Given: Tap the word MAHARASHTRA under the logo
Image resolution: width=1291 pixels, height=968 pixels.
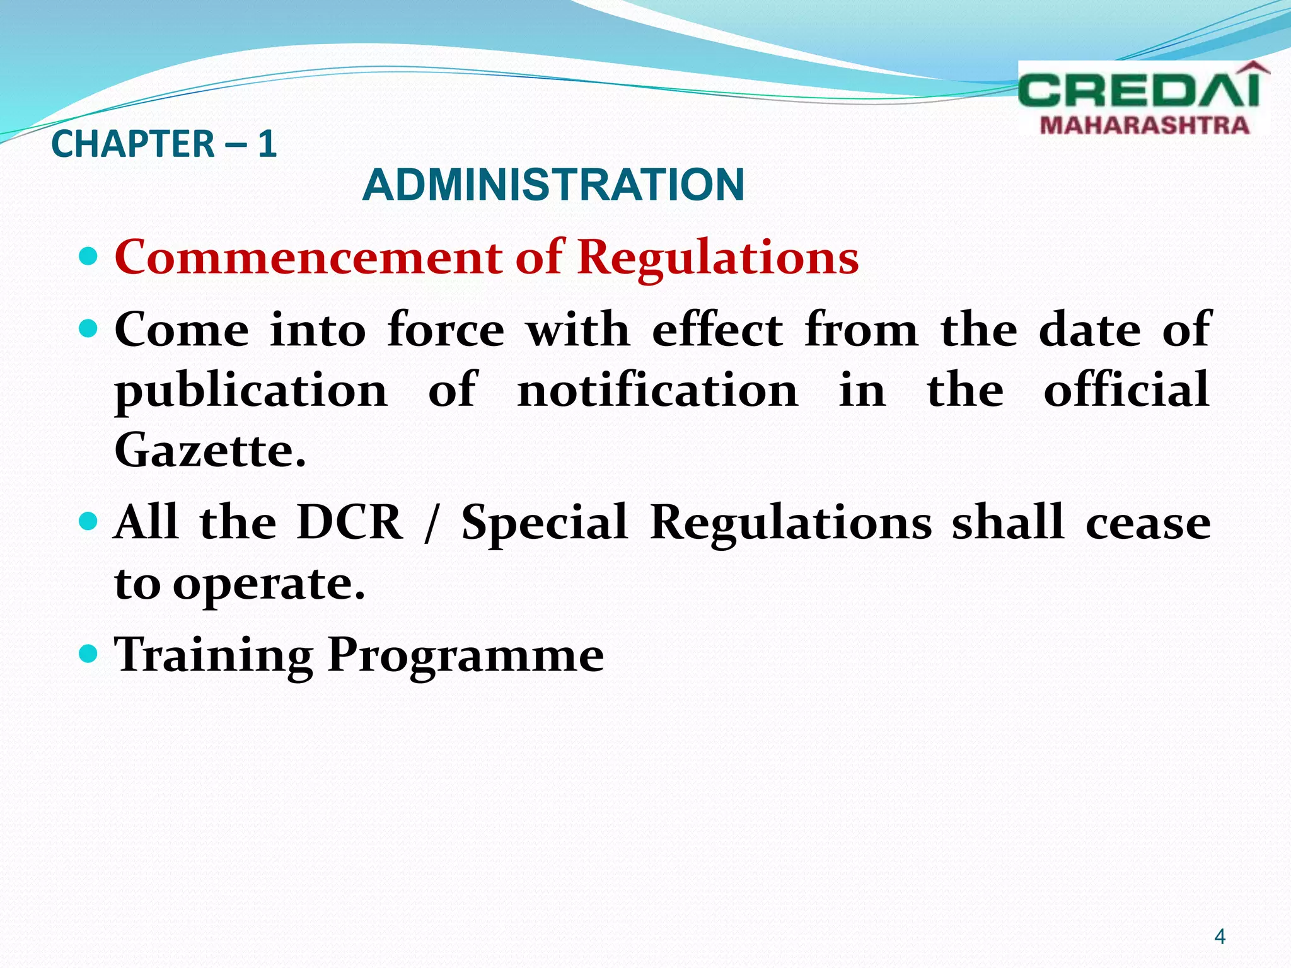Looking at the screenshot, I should coord(1144,125).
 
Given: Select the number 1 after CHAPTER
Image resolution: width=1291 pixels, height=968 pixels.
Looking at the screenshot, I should coord(267,144).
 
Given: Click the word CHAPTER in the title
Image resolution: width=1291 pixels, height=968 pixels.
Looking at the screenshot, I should coord(133,144).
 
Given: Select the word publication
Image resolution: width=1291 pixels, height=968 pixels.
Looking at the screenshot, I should coord(251,391).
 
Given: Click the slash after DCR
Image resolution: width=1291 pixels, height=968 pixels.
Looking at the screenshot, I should coord(431,523).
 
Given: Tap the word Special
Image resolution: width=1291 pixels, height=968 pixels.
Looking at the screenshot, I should coord(545,523).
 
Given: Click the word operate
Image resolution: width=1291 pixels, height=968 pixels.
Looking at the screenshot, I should coord(269,584).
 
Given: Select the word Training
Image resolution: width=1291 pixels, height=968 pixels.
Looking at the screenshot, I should coord(213,655).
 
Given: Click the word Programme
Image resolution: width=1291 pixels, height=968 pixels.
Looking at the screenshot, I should coord(465,655).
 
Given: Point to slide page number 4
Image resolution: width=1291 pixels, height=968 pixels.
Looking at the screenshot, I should coord(1219,936).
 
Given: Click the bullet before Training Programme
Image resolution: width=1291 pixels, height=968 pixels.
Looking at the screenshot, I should coord(90,654).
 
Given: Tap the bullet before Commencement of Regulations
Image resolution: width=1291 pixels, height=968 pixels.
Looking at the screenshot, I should coord(90,256).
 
